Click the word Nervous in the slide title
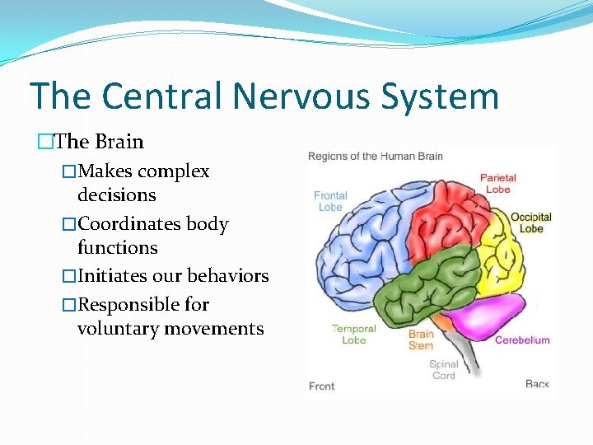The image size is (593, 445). (x=306, y=96)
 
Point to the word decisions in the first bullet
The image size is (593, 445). (x=116, y=195)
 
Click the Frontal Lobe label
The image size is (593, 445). (x=329, y=201)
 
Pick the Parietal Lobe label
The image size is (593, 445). (x=498, y=183)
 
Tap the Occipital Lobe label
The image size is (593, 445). (x=531, y=222)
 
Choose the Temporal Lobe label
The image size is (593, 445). (x=353, y=335)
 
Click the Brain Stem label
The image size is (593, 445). (x=421, y=340)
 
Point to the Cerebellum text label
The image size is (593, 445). (x=522, y=340)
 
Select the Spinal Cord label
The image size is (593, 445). (x=443, y=370)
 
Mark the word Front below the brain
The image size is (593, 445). (x=321, y=386)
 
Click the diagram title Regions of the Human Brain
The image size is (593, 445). (x=376, y=157)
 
